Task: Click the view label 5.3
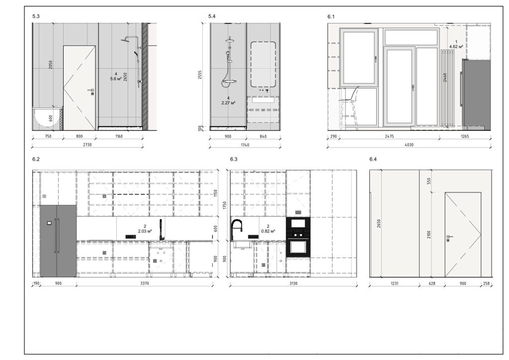[x=36, y=16]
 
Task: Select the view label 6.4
[x=373, y=159]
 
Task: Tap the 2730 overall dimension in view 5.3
[x=87, y=145]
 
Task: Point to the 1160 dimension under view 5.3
[x=119, y=136]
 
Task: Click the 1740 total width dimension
[x=245, y=145]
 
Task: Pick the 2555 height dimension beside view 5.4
[x=200, y=75]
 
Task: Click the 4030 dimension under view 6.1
[x=409, y=145]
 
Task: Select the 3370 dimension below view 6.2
[x=145, y=283]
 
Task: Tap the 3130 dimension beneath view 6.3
[x=293, y=283]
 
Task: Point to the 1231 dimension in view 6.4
[x=394, y=283]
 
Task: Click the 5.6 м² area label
[x=116, y=79]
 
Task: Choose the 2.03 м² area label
[x=145, y=231]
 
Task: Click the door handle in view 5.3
[x=91, y=91]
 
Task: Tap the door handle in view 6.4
[x=449, y=238]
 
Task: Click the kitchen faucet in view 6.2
[x=161, y=230]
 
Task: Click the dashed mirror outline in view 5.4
[x=263, y=64]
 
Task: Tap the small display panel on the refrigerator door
[x=49, y=223]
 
